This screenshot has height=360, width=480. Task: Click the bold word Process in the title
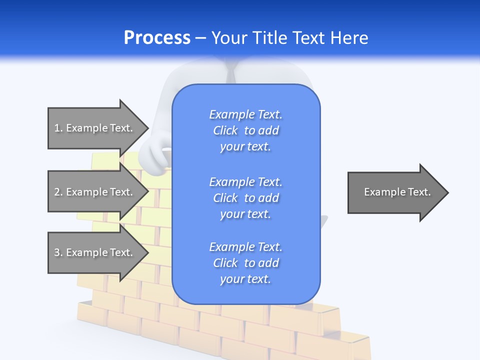(157, 38)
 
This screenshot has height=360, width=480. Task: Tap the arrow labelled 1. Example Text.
(95, 128)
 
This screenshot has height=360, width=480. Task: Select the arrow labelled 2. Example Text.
(95, 192)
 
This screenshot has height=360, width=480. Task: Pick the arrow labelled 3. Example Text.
(95, 252)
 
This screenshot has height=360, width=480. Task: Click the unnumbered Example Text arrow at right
(395, 192)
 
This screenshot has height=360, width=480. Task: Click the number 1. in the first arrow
(58, 128)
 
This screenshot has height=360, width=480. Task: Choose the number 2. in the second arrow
(58, 192)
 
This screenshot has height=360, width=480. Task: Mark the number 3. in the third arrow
(58, 252)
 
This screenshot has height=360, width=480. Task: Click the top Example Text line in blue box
(246, 114)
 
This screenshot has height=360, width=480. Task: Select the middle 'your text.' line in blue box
(245, 214)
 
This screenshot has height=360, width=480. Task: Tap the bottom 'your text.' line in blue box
(245, 279)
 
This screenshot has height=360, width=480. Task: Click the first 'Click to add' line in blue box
(246, 130)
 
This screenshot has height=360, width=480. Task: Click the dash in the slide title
(200, 38)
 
